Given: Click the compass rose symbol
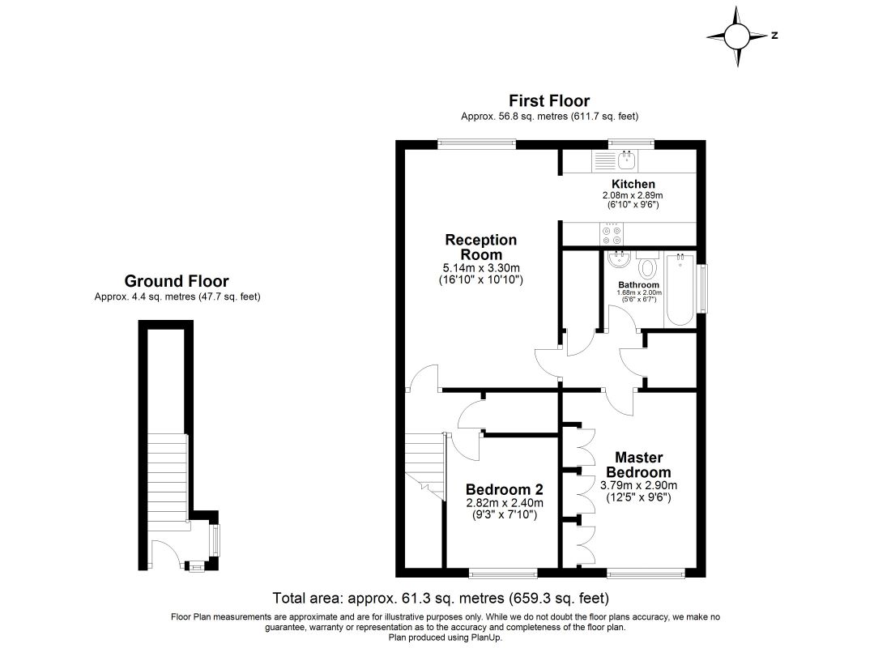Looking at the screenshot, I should coord(737,36).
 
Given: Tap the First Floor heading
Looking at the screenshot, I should coord(548,100).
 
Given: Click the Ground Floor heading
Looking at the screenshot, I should coord(176,281).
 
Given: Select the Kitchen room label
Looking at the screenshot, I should coord(633,185).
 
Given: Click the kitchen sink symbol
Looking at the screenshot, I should coord(625,159).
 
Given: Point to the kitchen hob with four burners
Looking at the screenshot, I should coord(611,234).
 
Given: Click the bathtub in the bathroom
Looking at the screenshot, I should coord(680,292).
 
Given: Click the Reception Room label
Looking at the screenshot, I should coord(480,247).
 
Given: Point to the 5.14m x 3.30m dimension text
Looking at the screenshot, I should coord(481,268).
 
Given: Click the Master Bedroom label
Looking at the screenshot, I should coord(638,465).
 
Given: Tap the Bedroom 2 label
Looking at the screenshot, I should coord(504,490).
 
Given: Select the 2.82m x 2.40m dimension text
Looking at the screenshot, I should coord(504,503).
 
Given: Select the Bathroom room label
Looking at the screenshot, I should coord(638,285).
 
